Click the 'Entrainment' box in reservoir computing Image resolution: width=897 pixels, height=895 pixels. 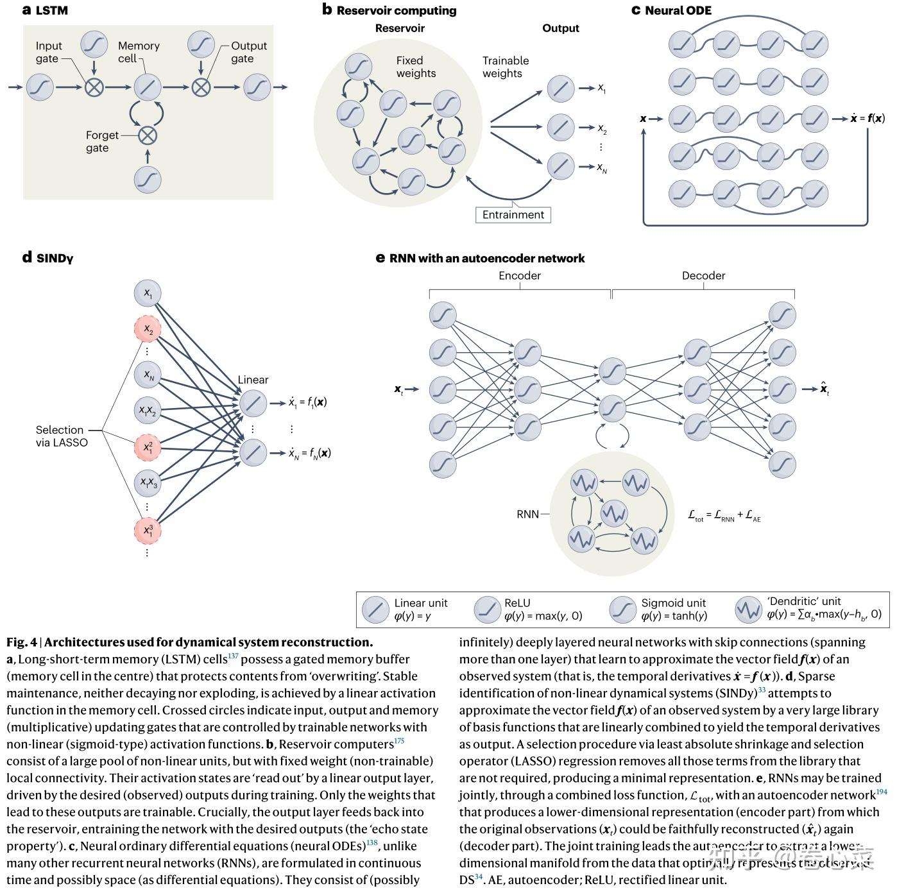(513, 215)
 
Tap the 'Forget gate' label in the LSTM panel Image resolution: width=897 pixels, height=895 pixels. (101, 142)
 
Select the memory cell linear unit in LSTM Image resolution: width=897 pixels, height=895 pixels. (148, 87)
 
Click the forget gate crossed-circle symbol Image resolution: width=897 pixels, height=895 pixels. (148, 135)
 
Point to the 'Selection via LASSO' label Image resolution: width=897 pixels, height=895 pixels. (62, 436)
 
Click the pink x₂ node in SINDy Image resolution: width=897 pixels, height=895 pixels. (148, 330)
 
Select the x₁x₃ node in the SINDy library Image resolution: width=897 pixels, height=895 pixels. (148, 483)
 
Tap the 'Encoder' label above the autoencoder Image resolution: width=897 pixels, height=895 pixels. (519, 276)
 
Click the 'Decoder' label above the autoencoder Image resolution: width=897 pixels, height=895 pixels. (703, 276)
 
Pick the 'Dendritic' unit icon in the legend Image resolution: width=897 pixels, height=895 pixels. (748, 609)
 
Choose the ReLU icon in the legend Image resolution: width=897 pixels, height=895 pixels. (487, 609)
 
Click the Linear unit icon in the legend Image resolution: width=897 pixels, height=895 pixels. (375, 609)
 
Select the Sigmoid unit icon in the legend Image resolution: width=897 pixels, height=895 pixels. (622, 609)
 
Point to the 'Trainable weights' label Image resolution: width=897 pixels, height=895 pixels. (505, 67)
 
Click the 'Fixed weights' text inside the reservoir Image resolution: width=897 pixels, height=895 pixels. (415, 67)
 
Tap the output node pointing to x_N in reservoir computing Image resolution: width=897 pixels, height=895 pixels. (560, 167)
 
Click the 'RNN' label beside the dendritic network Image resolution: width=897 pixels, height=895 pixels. (527, 515)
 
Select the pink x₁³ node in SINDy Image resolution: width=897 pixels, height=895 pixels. (148, 531)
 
